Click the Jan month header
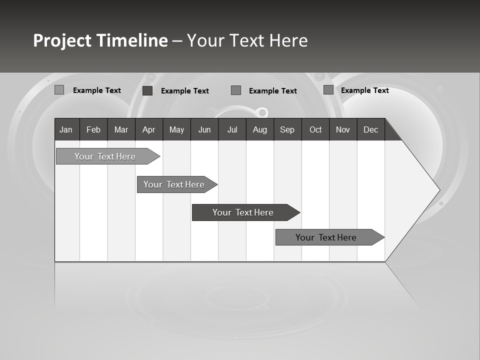(66, 129)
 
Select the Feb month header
(93, 129)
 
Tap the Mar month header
(121, 129)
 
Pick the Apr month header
(149, 129)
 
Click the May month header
(176, 129)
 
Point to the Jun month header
(204, 129)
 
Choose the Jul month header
(232, 129)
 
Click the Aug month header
(260, 129)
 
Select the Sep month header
(287, 129)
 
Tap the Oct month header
(315, 129)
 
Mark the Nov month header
(343, 129)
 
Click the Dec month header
(371, 129)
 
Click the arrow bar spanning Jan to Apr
(105, 156)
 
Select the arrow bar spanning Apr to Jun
(174, 184)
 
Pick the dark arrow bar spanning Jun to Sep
(243, 212)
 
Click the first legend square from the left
(59, 90)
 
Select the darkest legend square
(147, 90)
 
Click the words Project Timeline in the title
(100, 40)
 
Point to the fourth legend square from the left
(328, 90)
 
